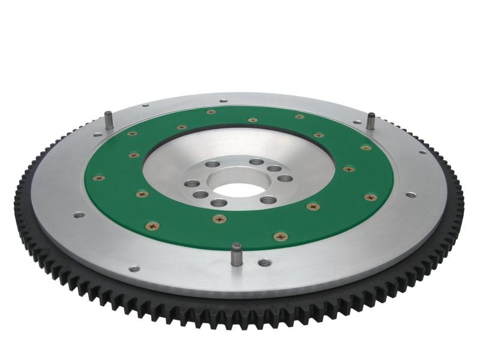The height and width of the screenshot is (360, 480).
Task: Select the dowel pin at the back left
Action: coord(109,119)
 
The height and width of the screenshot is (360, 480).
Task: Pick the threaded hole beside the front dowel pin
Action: coord(264,262)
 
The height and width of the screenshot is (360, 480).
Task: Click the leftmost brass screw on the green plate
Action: coord(98,178)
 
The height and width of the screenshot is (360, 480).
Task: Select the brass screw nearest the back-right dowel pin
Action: coord(365,147)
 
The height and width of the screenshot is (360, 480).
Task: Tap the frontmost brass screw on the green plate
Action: coord(280,236)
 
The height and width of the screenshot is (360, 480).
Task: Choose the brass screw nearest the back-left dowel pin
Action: coord(132,133)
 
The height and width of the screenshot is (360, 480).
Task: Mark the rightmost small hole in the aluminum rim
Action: coord(423,152)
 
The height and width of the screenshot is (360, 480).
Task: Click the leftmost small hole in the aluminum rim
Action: coord(79,214)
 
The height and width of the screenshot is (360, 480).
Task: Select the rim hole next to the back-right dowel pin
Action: coord(358,122)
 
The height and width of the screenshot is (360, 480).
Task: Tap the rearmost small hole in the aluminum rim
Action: coord(223,101)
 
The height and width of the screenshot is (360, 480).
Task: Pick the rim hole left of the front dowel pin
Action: coord(134,268)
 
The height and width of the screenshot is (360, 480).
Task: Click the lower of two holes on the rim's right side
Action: coord(410,194)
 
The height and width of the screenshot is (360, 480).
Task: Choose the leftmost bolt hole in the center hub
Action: coord(192,184)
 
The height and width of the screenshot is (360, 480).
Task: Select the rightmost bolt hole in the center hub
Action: coord(286,178)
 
